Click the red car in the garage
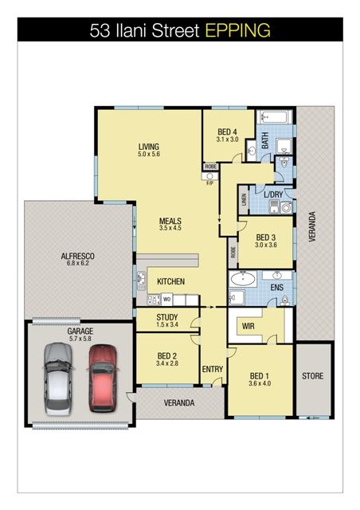103,379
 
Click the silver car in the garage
58,379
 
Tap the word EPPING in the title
238,30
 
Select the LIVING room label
149,147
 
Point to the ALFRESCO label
78,256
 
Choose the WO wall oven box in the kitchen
166,300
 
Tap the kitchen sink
142,280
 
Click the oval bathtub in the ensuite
243,279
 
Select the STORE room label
312,376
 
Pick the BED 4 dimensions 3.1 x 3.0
227,139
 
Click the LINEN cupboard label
244,199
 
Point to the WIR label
248,326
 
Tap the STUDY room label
166,317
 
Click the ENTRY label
213,369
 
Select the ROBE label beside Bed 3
233,253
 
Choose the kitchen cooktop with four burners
154,300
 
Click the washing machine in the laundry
287,207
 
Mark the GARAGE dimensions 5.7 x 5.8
80,339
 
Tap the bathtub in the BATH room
274,117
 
